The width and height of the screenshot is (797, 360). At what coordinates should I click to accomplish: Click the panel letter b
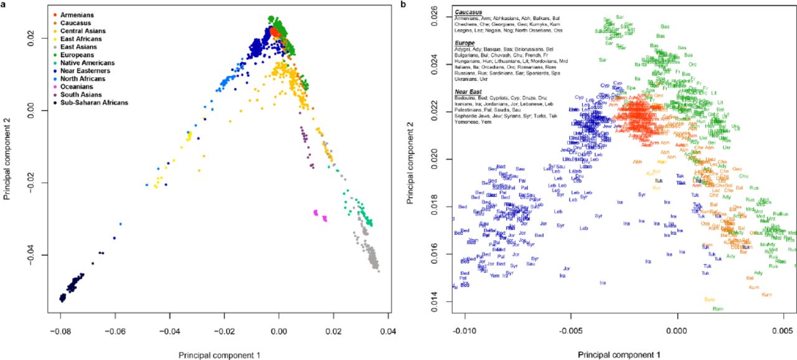pos(403,5)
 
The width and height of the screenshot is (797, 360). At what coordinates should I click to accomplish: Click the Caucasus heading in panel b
pos(469,12)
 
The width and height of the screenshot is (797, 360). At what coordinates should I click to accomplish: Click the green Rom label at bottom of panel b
pos(717,309)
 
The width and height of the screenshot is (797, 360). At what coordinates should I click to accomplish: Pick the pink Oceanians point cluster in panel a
pos(320,215)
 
